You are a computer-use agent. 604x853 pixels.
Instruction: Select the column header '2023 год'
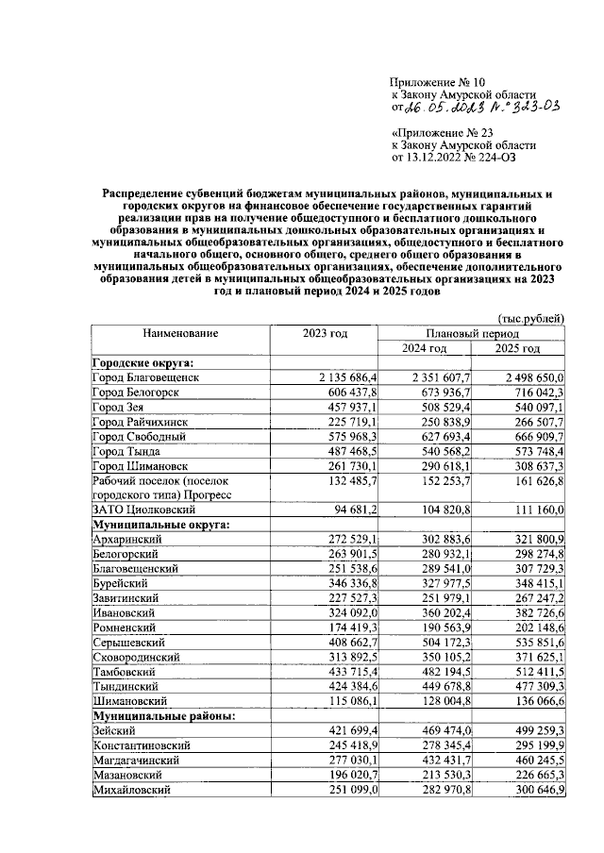pos(325,334)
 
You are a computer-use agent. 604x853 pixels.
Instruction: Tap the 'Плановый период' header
pos(473,334)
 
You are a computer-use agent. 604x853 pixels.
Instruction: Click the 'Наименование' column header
pos(180,334)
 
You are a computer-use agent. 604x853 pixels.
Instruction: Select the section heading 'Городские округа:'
pos(142,362)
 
